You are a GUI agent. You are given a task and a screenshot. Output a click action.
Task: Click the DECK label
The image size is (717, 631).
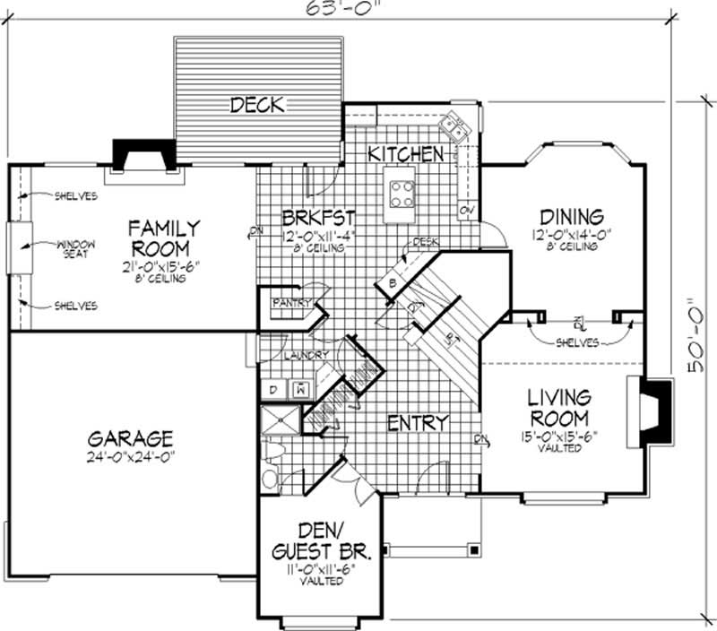point(258,105)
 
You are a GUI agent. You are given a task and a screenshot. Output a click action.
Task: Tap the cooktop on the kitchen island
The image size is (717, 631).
point(401,192)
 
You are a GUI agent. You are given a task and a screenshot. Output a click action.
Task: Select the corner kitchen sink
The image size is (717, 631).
point(458,128)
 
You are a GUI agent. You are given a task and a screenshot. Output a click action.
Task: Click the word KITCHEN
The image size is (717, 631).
point(407,154)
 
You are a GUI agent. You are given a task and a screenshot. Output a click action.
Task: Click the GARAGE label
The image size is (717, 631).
point(130,439)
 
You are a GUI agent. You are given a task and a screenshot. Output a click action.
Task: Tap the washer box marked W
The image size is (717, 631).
point(300,390)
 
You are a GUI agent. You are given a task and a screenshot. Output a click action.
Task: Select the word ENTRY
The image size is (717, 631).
point(419,422)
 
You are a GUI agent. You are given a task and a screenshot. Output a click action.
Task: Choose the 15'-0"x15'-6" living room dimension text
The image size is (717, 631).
point(557,437)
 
